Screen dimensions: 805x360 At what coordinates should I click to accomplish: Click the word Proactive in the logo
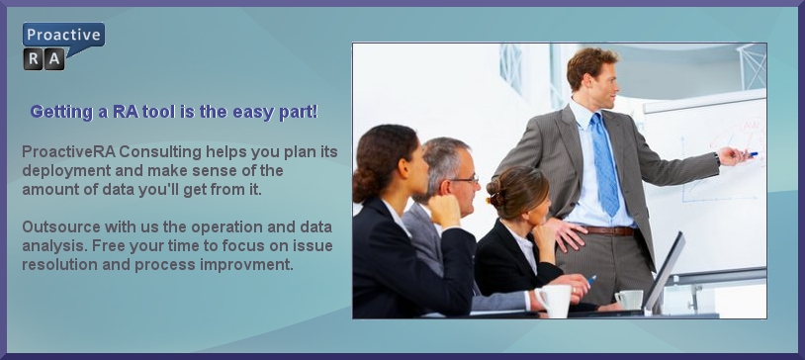[x=63, y=35]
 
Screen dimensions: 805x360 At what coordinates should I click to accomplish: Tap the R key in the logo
[x=34, y=59]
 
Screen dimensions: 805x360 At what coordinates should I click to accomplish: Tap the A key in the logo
[x=54, y=59]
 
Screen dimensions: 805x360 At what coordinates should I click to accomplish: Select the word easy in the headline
[x=253, y=112]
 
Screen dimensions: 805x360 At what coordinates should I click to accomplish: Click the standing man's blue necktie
[x=605, y=163]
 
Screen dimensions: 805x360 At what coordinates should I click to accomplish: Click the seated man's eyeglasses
[x=462, y=180]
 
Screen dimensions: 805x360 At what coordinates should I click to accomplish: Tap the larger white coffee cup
[x=554, y=301]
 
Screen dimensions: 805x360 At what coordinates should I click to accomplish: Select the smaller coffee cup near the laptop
[x=629, y=300]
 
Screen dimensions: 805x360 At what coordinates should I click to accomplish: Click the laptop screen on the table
[x=665, y=273]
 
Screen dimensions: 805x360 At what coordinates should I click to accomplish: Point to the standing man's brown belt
[x=609, y=231]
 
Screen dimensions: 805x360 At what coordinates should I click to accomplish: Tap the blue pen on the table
[x=591, y=280]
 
